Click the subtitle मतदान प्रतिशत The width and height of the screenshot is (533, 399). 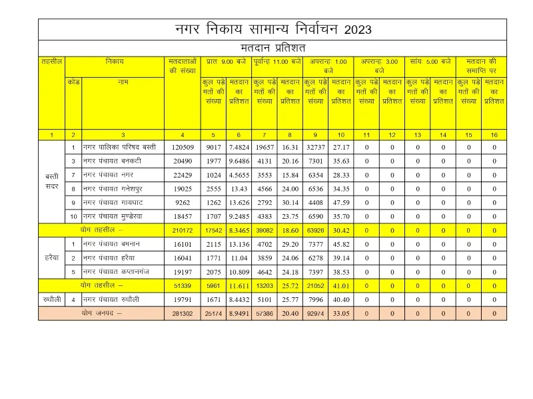click(272, 48)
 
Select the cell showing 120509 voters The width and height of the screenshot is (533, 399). click(182, 147)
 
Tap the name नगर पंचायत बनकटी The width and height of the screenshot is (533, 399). click(114, 161)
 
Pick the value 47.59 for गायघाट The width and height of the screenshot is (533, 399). click(340, 203)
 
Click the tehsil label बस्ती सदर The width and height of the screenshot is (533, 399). click(51, 182)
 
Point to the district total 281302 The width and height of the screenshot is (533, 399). click(182, 313)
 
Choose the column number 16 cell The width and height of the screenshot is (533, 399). click(494, 134)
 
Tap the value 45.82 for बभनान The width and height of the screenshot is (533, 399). click(340, 244)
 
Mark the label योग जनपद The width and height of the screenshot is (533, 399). click(101, 313)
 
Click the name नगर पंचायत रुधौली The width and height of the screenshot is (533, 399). click(114, 299)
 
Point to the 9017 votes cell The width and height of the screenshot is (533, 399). click(215, 147)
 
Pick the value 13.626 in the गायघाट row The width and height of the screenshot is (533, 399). click(239, 203)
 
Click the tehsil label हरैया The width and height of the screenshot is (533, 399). click(51, 257)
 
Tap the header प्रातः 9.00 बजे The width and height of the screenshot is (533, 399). click(227, 61)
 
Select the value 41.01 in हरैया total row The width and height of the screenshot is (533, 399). click(340, 285)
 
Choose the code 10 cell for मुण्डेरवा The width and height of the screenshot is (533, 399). click(73, 216)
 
